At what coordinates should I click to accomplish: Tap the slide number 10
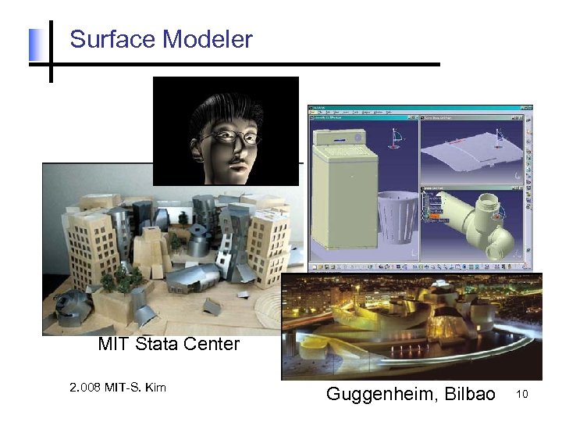[522, 395]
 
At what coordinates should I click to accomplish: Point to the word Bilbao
[470, 394]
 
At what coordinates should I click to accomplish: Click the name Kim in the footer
[156, 387]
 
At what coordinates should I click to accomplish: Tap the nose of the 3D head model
[230, 147]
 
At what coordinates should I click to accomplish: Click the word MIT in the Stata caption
[114, 344]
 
